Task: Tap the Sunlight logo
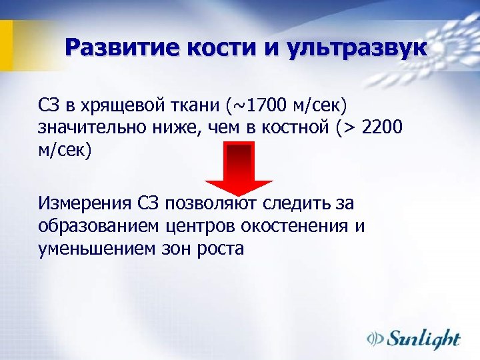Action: click(x=414, y=339)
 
